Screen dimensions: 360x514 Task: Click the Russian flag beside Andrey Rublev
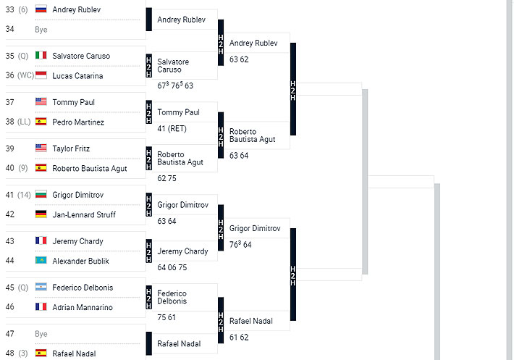tap(41, 9)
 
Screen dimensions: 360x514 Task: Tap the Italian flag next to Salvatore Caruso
tap(41, 56)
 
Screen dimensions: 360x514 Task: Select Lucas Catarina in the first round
tap(77, 76)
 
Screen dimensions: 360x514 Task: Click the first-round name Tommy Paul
tap(73, 102)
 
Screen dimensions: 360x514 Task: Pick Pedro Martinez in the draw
tap(78, 122)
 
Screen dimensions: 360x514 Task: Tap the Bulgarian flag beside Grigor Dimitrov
tap(41, 195)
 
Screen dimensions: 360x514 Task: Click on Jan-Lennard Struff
tap(83, 215)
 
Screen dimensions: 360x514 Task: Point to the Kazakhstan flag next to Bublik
tap(41, 261)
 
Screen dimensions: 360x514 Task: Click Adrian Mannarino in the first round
tap(83, 308)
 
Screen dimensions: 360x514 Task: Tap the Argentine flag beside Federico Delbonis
tap(41, 288)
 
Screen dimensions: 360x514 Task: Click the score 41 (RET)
tap(172, 129)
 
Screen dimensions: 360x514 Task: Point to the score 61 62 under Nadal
tap(239, 338)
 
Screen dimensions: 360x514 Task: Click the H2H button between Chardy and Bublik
tap(149, 251)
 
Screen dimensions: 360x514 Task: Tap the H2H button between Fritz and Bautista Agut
tap(149, 159)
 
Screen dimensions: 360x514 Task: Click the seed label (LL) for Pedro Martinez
tap(25, 122)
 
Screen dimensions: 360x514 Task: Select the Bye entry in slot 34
tap(41, 30)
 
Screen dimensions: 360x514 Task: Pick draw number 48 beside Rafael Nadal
tap(10, 354)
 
